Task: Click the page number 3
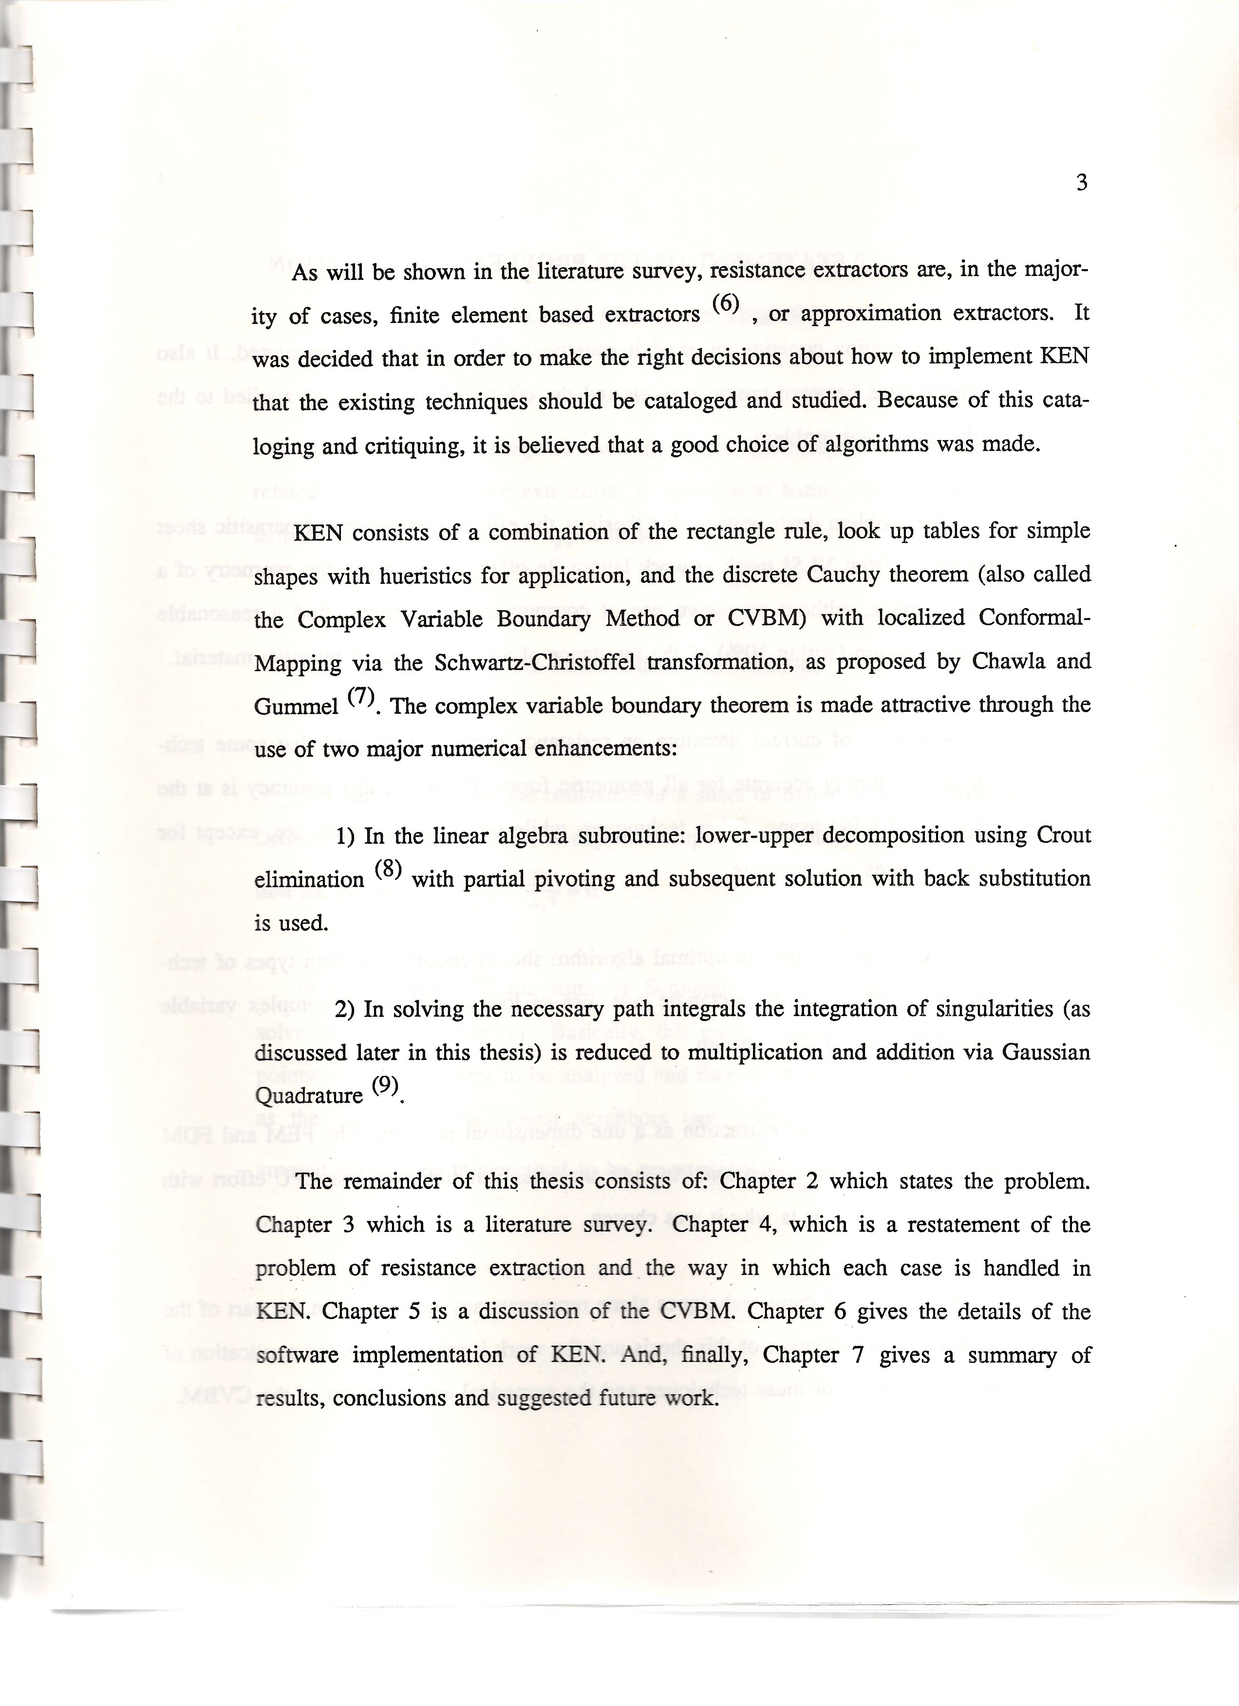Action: tap(1082, 183)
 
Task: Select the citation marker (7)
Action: tap(361, 697)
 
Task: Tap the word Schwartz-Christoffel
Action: tap(525, 663)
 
